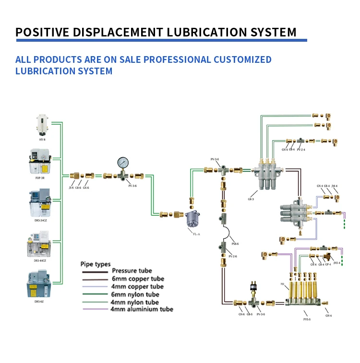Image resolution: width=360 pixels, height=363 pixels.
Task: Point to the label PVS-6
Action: point(307,319)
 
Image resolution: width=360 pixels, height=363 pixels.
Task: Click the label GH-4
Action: point(328,315)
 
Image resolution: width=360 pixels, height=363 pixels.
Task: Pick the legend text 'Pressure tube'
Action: point(132,271)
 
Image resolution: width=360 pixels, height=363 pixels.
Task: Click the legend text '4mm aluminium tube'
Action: point(142,309)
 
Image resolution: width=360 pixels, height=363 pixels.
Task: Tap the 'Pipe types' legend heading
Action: point(95,264)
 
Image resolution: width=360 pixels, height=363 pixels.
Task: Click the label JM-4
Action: point(335,186)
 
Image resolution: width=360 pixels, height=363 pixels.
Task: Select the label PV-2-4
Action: point(301,150)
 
